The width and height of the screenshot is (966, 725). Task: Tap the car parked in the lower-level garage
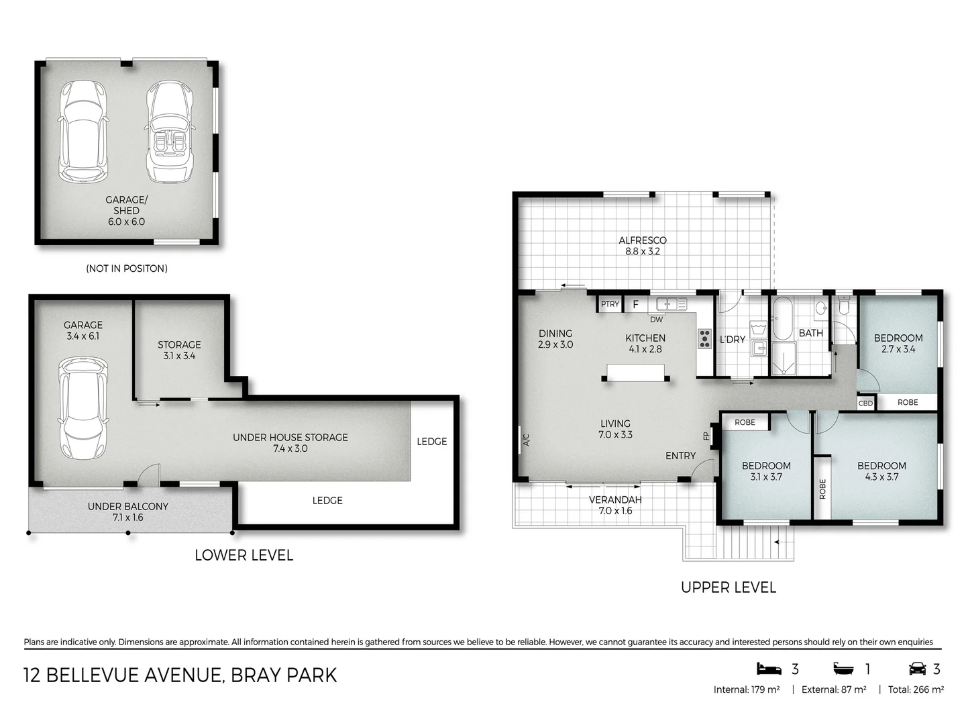pos(83,407)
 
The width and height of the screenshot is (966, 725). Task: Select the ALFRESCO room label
pos(642,240)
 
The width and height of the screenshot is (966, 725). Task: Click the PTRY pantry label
pos(610,304)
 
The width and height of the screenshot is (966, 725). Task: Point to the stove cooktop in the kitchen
pos(704,338)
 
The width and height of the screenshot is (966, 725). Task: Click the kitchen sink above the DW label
pos(671,304)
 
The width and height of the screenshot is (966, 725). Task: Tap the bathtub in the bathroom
pos(782,318)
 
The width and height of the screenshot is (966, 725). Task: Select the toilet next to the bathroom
pos(844,306)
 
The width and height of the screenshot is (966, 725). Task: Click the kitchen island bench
pos(635,372)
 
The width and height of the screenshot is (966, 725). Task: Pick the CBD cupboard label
pos(865,403)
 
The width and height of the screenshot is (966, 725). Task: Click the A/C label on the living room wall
pos(526,440)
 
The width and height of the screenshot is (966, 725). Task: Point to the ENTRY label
pos(680,456)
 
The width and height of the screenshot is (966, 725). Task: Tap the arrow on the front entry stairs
pos(780,542)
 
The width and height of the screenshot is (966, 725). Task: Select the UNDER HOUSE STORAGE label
pos(290,437)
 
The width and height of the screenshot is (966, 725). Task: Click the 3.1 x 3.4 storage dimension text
pos(179,356)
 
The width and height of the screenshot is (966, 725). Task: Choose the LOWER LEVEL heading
pos(244,555)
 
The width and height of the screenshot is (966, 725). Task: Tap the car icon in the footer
pos(917,669)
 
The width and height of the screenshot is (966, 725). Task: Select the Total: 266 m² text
pos(916,689)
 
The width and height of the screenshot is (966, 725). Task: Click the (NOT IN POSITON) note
pos(127,269)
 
